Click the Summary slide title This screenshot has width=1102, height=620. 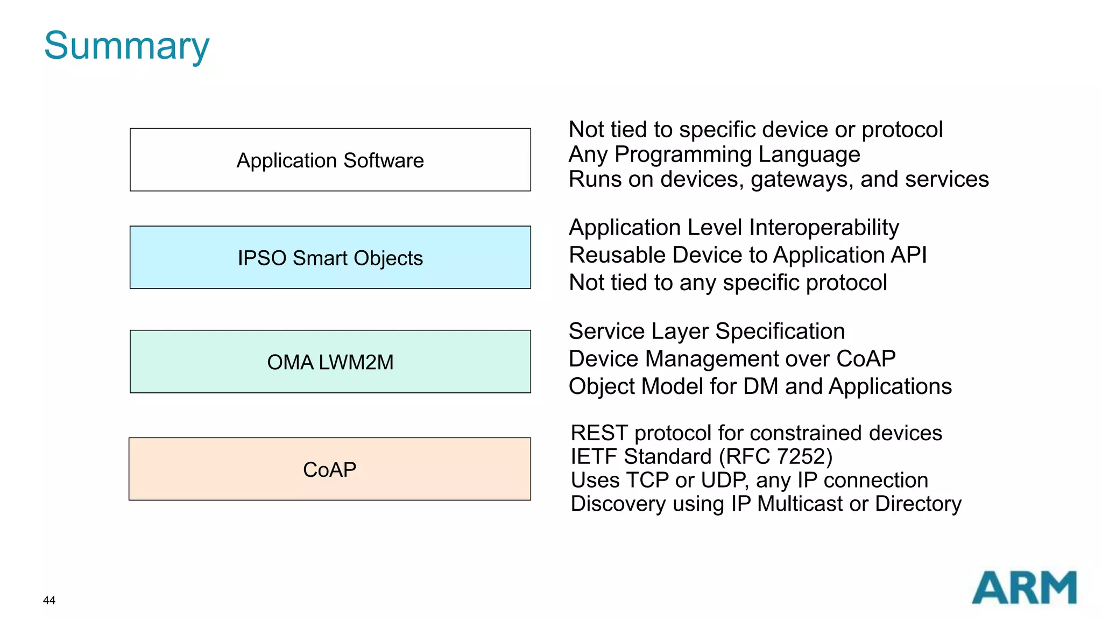pyautogui.click(x=126, y=46)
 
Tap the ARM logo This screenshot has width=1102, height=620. pyautogui.click(x=1023, y=588)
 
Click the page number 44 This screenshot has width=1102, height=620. pyautogui.click(x=49, y=600)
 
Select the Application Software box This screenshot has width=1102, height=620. pyautogui.click(x=330, y=160)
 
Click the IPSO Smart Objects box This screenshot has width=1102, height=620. pyautogui.click(x=330, y=258)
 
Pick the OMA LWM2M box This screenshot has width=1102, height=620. pyautogui.click(x=330, y=362)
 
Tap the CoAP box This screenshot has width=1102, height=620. pyautogui.click(x=329, y=469)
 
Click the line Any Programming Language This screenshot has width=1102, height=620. pyautogui.click(x=714, y=154)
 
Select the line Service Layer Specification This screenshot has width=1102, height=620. pyautogui.click(x=707, y=332)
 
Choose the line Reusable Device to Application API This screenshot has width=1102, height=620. pyautogui.click(x=747, y=255)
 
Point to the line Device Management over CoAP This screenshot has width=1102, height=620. pyautogui.click(x=732, y=359)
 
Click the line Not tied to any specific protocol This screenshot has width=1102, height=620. pyautogui.click(x=727, y=283)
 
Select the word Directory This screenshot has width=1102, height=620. pyautogui.click(x=917, y=504)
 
